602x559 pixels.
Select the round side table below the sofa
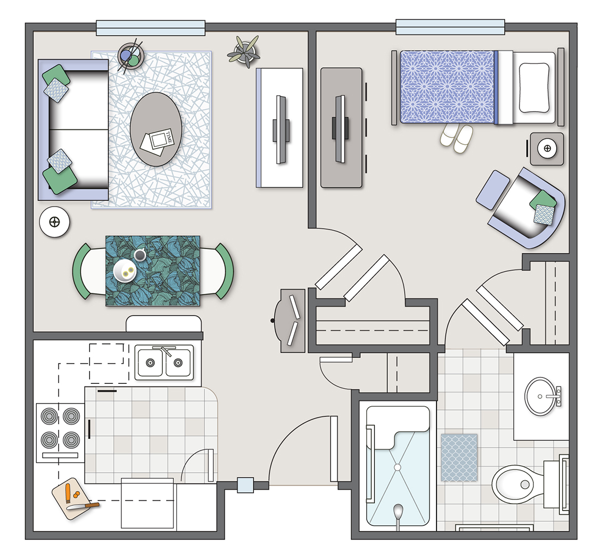[54, 222]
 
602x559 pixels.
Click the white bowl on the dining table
[125, 270]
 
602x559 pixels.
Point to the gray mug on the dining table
[140, 254]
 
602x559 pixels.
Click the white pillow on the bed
[534, 87]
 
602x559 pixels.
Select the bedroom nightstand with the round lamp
[547, 149]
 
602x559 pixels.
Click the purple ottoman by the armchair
[492, 190]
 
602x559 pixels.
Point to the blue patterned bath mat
[459, 458]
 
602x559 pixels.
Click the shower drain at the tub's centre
[398, 467]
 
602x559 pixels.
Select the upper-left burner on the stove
[49, 416]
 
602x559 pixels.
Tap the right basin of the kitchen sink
[178, 363]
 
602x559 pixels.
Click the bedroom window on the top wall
[450, 27]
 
